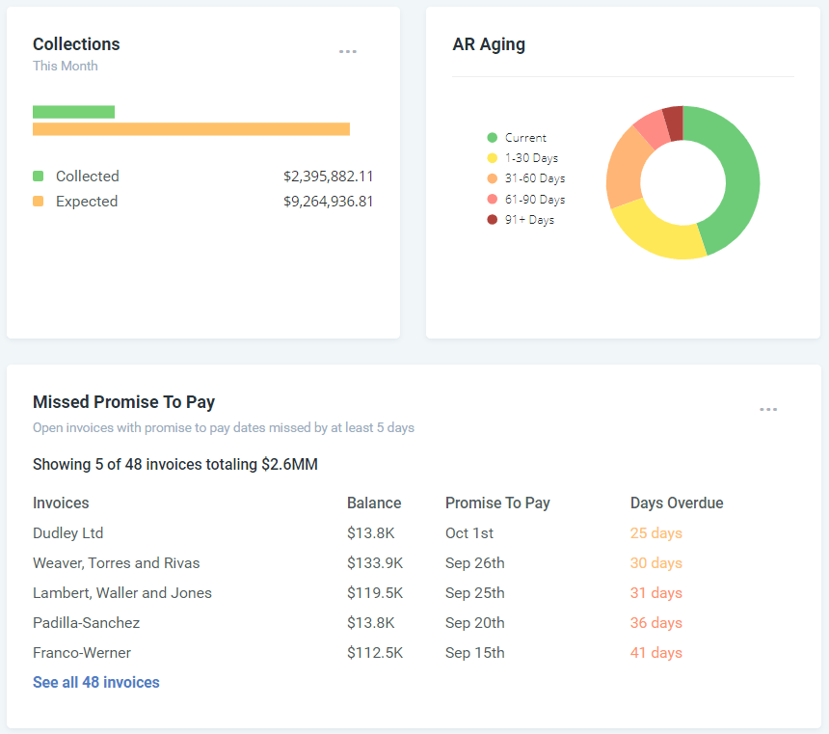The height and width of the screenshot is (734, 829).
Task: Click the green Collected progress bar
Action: pos(73,112)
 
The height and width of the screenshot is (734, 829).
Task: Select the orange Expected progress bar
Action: pos(191,129)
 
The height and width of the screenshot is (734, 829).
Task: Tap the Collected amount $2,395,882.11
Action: pos(328,177)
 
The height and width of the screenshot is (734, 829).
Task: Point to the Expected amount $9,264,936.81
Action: pos(328,202)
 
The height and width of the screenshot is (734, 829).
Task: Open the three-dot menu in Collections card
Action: pos(348,52)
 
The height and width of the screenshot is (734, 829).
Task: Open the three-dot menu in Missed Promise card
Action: pos(768,410)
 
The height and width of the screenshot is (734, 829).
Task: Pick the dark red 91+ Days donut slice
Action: pos(674,122)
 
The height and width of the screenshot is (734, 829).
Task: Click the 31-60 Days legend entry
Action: pos(526,178)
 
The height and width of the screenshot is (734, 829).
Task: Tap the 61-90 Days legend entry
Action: pos(526,200)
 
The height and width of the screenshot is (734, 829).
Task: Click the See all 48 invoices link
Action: pos(96,683)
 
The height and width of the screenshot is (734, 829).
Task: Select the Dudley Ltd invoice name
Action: pos(67,533)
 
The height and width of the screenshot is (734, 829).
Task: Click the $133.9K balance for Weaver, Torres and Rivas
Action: pos(375,563)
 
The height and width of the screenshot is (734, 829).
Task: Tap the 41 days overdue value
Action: pos(655,653)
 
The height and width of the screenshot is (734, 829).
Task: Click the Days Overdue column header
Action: pos(677,503)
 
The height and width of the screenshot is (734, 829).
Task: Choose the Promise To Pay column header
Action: pos(497,503)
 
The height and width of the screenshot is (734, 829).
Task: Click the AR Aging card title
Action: pos(489,44)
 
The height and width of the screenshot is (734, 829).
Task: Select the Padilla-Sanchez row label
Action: pos(86,623)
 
